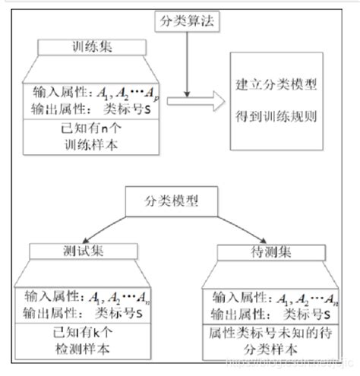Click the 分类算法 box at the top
(185, 21)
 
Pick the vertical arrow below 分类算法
(185, 65)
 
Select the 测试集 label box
(78, 251)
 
